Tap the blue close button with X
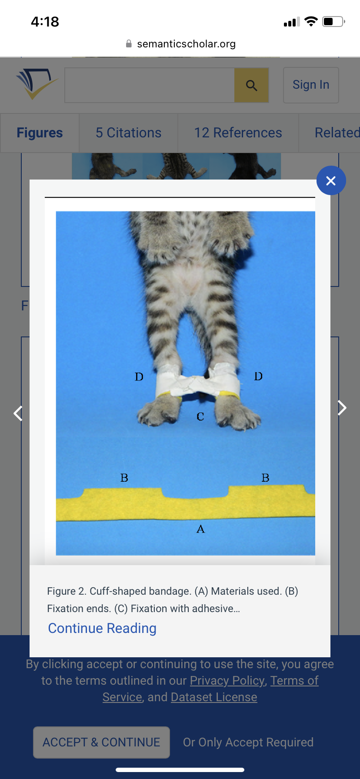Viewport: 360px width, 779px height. point(331,180)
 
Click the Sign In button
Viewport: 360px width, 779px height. point(311,85)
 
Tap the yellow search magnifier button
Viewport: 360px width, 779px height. point(251,85)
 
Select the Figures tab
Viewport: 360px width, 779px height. point(40,133)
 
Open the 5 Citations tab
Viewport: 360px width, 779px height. point(128,133)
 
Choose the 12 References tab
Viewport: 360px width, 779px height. point(238,133)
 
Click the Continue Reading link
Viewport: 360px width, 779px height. point(102,628)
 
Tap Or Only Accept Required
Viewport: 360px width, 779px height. point(248,742)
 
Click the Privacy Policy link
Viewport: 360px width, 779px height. point(227,680)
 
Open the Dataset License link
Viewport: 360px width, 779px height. point(214,697)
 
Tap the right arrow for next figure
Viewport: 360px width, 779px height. point(342,408)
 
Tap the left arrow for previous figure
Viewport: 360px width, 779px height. point(18,413)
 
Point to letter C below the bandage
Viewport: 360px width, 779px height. point(200,416)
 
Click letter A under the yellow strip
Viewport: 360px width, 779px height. point(200,529)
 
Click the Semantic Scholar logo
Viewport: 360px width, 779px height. point(37,83)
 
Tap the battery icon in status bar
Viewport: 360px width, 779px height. point(333,21)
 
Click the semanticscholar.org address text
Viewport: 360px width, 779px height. point(187,44)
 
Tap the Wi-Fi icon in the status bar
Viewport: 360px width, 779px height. point(311,21)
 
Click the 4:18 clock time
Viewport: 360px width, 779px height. point(45,22)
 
